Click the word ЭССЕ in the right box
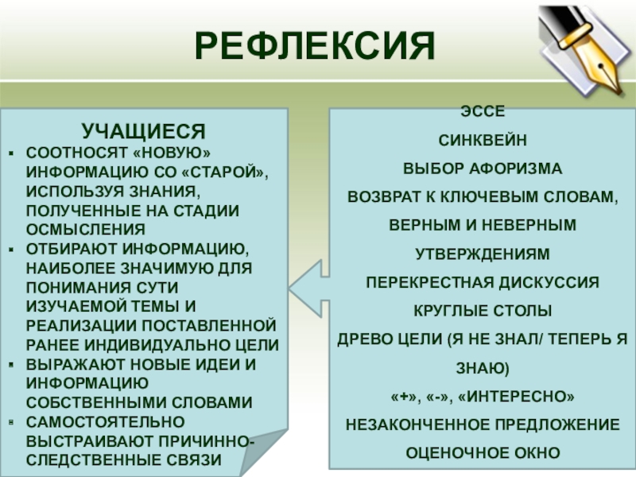coord(483,112)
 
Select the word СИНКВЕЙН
coord(483,141)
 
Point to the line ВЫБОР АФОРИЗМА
coord(483,169)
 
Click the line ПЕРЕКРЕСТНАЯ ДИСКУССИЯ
coord(483,282)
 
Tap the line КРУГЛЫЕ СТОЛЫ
coord(483,311)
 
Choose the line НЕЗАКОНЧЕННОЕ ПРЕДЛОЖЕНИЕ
coord(483,425)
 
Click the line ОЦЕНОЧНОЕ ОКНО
coord(483,453)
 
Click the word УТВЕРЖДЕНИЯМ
coord(483,254)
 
